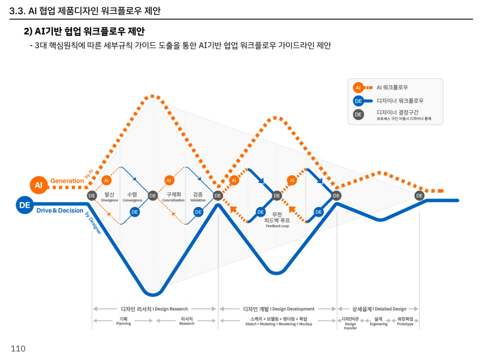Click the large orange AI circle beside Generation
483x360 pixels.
pyautogui.click(x=39, y=185)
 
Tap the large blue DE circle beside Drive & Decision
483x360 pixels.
pyautogui.click(x=25, y=205)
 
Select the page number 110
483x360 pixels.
pyautogui.click(x=18, y=349)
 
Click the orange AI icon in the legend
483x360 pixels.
pyautogui.click(x=358, y=88)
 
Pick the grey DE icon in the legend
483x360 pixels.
pyautogui.click(x=358, y=114)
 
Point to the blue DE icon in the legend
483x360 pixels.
pyautogui.click(x=358, y=101)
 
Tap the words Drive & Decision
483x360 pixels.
pyautogui.click(x=60, y=211)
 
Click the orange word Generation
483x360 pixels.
pyautogui.click(x=67, y=181)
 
